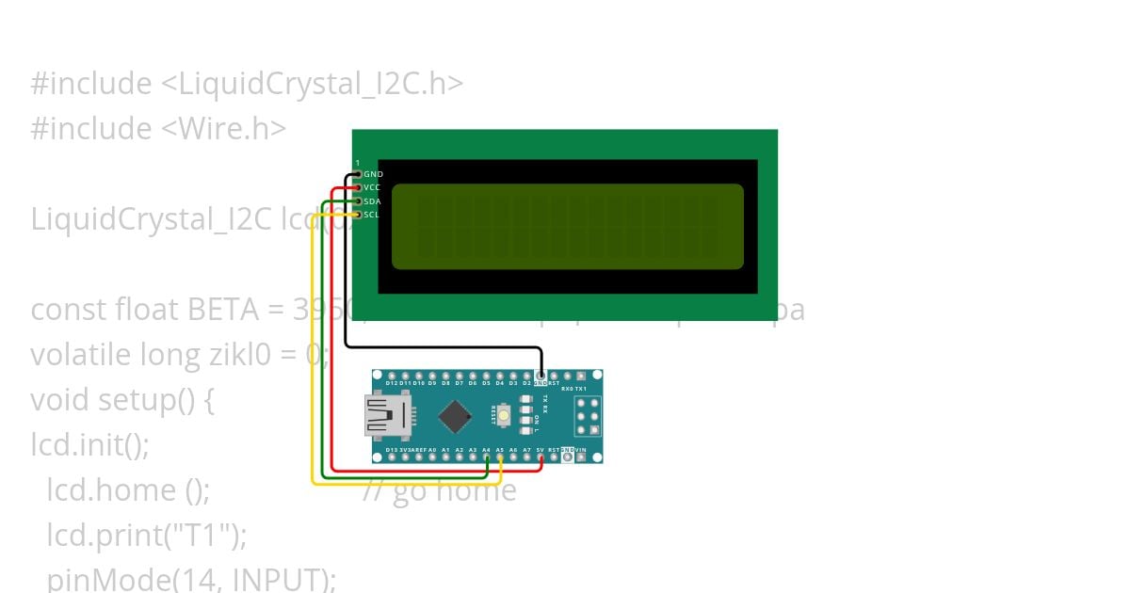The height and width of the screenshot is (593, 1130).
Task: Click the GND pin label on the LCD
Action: (x=373, y=174)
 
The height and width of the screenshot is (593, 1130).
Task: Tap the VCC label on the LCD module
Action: (x=373, y=187)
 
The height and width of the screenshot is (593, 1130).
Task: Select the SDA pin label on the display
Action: (x=373, y=201)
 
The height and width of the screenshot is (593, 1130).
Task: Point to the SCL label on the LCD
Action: (x=373, y=215)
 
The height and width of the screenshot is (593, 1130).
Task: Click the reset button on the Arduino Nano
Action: (x=505, y=414)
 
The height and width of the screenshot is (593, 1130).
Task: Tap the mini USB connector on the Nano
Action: (x=387, y=416)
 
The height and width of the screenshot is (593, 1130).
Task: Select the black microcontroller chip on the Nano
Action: (x=456, y=416)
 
